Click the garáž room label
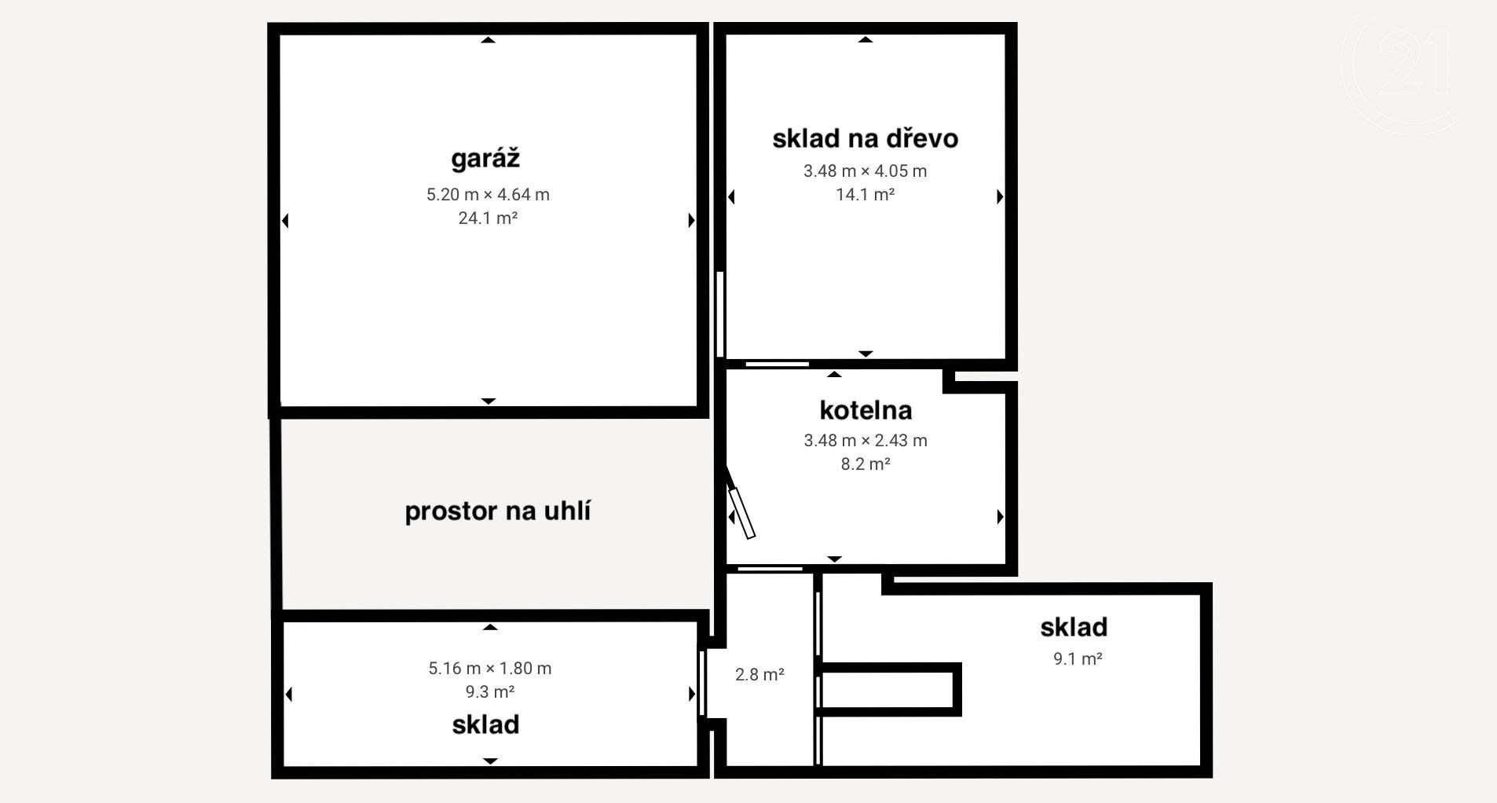tap(485, 159)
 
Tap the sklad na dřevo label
tap(865, 138)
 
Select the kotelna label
tap(866, 410)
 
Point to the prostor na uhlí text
tap(497, 511)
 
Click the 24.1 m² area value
tap(488, 218)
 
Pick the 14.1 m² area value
tap(865, 194)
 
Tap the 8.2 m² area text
tap(866, 464)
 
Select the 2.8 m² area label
tap(759, 674)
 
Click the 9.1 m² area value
tap(1078, 658)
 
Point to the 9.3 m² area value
tap(490, 691)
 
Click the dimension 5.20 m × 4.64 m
tap(488, 194)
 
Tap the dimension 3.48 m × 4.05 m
tap(865, 170)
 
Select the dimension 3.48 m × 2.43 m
tap(866, 440)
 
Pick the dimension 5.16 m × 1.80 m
tap(490, 668)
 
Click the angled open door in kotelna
tap(741, 504)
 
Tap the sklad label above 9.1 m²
tap(1074, 627)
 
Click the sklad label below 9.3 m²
tap(485, 724)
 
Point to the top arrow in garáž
tap(488, 39)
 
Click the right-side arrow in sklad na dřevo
tap(1000, 196)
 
